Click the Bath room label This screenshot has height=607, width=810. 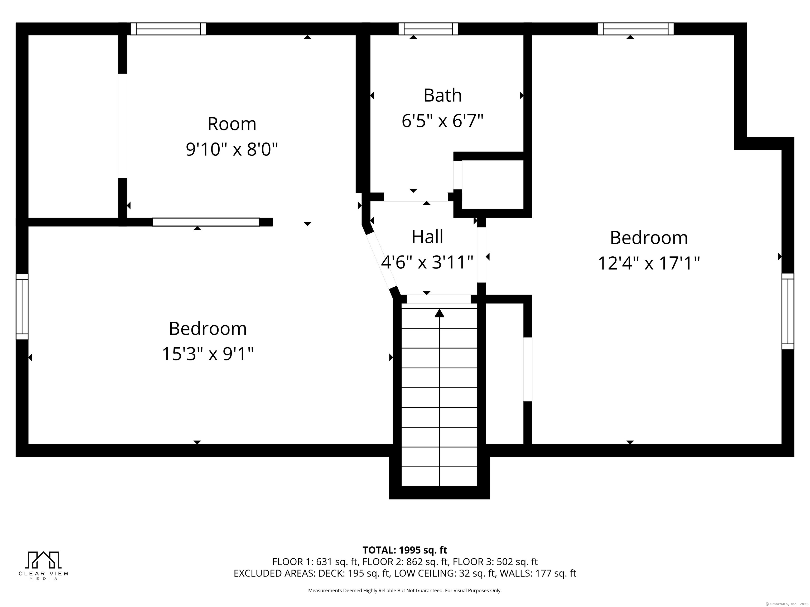[442, 95]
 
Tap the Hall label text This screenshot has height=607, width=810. [427, 237]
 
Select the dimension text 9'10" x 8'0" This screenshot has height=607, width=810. [232, 149]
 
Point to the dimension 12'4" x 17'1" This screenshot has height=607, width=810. [649, 263]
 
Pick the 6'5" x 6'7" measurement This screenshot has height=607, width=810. [442, 121]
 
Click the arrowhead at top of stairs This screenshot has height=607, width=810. [440, 313]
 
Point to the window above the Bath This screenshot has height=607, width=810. [428, 29]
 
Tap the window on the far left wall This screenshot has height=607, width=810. [22, 307]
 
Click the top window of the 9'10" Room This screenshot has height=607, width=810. [168, 29]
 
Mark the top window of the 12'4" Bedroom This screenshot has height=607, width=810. [636, 29]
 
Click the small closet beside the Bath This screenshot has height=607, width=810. [493, 185]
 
